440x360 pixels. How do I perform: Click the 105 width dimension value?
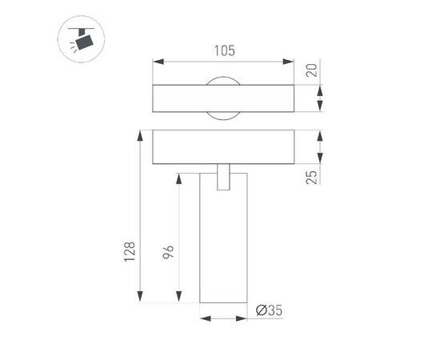pyautogui.click(x=224, y=50)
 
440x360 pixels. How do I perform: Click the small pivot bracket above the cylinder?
pyautogui.click(x=224, y=178)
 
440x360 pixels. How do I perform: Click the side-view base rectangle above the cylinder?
pyautogui.click(x=224, y=147)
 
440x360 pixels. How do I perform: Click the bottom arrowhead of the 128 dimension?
pyautogui.click(x=142, y=300)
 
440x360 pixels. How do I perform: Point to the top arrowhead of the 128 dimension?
pyautogui.click(x=142, y=134)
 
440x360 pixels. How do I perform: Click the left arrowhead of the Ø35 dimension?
pyautogui.click(x=203, y=318)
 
